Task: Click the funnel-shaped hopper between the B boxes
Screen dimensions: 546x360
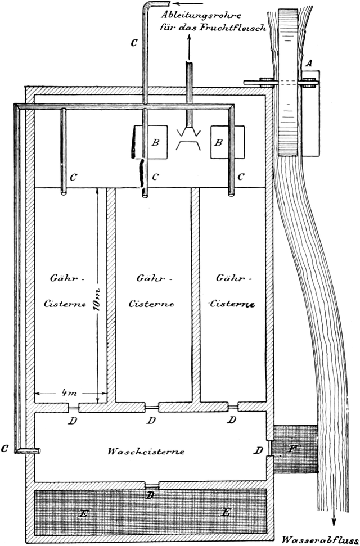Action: (190, 138)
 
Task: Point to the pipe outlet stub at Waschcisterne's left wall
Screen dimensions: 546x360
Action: (28, 450)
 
